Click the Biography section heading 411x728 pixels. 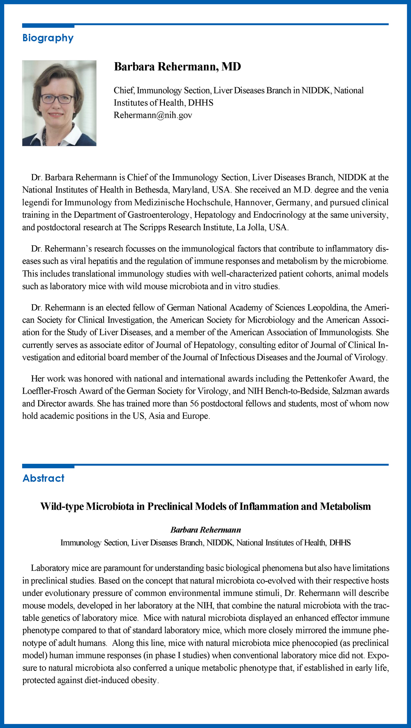48,38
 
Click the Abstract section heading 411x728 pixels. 44,478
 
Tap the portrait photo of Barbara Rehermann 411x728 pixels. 59,103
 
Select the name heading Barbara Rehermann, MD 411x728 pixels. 177,67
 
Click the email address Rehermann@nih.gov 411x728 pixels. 153,115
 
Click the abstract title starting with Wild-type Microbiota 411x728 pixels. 205,506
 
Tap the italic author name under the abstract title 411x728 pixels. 205,530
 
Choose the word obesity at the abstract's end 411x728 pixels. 143,680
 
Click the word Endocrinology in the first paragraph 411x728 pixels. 279,215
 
